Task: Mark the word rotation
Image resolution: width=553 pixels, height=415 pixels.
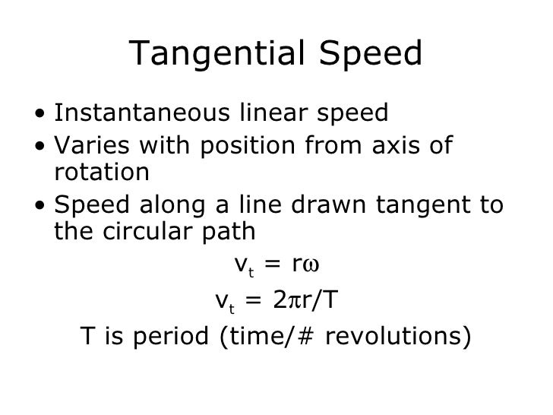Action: coord(102,173)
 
